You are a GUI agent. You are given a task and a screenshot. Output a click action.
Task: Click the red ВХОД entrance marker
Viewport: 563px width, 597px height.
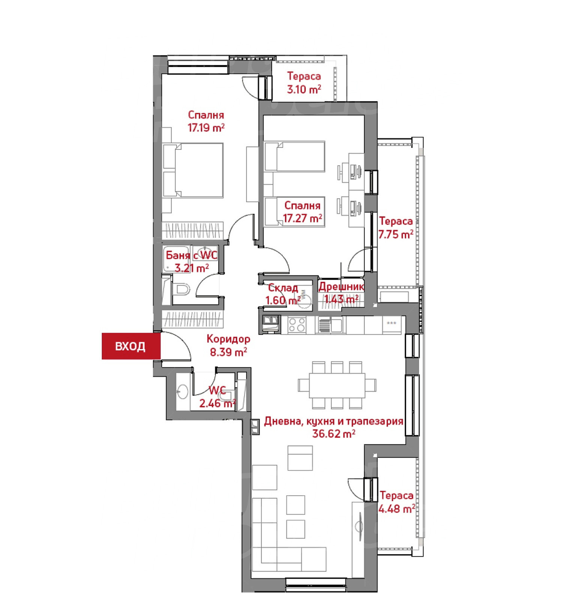click(131, 346)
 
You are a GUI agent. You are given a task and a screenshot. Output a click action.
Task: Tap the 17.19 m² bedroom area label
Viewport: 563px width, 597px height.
click(206, 128)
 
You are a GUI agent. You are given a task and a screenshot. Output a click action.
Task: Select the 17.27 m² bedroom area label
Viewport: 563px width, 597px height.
click(303, 218)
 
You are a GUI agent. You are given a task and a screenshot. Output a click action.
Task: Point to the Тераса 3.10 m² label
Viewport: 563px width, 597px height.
click(304, 83)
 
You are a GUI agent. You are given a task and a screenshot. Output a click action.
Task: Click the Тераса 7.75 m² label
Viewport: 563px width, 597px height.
click(396, 228)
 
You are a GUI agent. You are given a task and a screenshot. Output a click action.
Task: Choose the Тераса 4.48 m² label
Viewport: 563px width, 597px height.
click(397, 502)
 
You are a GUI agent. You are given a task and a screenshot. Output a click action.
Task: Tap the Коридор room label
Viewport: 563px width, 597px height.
click(228, 339)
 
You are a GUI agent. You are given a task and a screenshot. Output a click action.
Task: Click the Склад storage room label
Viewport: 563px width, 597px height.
click(283, 288)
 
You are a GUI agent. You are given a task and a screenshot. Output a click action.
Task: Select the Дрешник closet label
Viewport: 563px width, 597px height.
click(341, 287)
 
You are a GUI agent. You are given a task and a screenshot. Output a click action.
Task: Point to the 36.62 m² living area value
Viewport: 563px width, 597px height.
click(334, 434)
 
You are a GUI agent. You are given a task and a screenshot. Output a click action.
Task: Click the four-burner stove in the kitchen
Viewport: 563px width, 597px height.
click(297, 325)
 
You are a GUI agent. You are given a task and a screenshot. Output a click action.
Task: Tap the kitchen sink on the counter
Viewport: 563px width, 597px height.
click(330, 325)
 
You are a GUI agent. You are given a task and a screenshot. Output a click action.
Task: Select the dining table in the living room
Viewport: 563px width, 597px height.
click(337, 385)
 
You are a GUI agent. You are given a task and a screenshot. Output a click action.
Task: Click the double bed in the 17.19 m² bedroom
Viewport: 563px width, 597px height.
click(193, 170)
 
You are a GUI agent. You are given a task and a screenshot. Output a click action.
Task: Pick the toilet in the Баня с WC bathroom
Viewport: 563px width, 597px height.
click(182, 289)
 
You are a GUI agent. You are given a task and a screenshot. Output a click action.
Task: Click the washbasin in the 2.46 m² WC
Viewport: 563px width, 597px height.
click(182, 392)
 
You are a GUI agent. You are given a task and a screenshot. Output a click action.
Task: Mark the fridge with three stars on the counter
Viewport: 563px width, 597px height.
click(392, 325)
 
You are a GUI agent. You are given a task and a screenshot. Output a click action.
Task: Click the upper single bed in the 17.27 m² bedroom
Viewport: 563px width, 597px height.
click(295, 156)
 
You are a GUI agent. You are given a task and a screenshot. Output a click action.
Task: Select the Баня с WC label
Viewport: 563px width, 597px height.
click(191, 255)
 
